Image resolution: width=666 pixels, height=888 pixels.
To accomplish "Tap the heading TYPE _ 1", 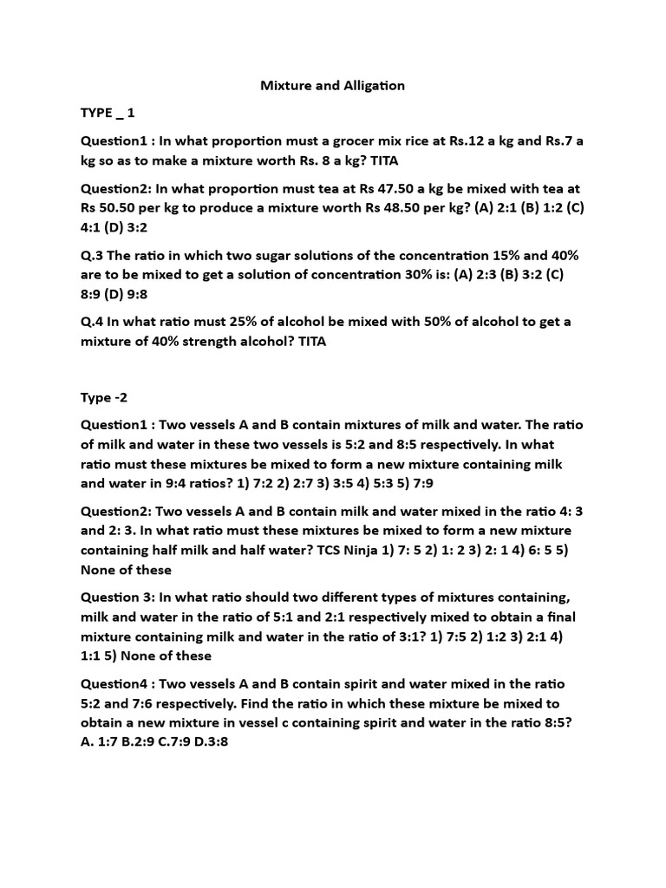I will (108, 113).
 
